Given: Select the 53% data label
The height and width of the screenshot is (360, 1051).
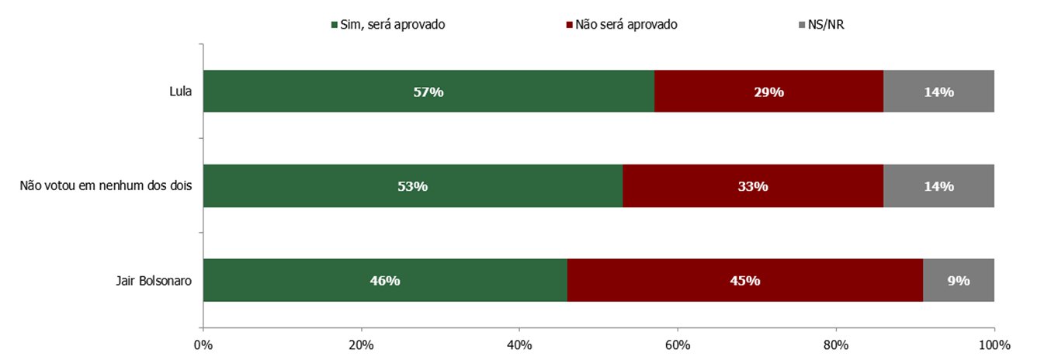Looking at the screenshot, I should tap(412, 186).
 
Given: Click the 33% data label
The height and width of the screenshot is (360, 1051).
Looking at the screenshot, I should tap(753, 186).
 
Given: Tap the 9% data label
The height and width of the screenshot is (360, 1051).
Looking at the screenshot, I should tap(958, 281).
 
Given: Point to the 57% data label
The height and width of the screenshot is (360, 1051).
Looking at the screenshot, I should tap(428, 92).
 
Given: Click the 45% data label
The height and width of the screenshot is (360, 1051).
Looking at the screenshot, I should tap(744, 281).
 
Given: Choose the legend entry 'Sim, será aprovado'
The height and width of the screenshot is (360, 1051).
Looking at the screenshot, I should tap(387, 24).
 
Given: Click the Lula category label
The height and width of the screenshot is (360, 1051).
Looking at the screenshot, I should tap(180, 92).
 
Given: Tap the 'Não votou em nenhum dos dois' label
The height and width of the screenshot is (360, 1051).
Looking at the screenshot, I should tap(106, 186).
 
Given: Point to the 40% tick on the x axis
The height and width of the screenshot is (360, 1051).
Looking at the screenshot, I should tap(519, 344).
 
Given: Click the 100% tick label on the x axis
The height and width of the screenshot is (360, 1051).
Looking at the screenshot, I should tap(994, 344).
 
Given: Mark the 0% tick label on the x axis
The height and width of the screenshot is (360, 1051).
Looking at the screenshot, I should tap(203, 344).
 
